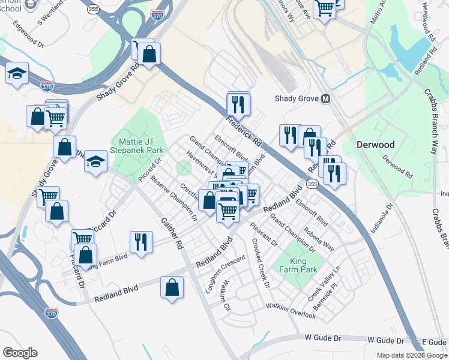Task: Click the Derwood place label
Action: (375, 145)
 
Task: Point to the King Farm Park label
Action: (298, 265)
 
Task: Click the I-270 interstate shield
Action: (52, 312)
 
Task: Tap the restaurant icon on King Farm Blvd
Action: (141, 241)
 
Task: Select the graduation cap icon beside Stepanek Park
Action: (95, 161)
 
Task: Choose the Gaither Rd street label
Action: (171, 233)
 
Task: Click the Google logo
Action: (20, 353)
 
